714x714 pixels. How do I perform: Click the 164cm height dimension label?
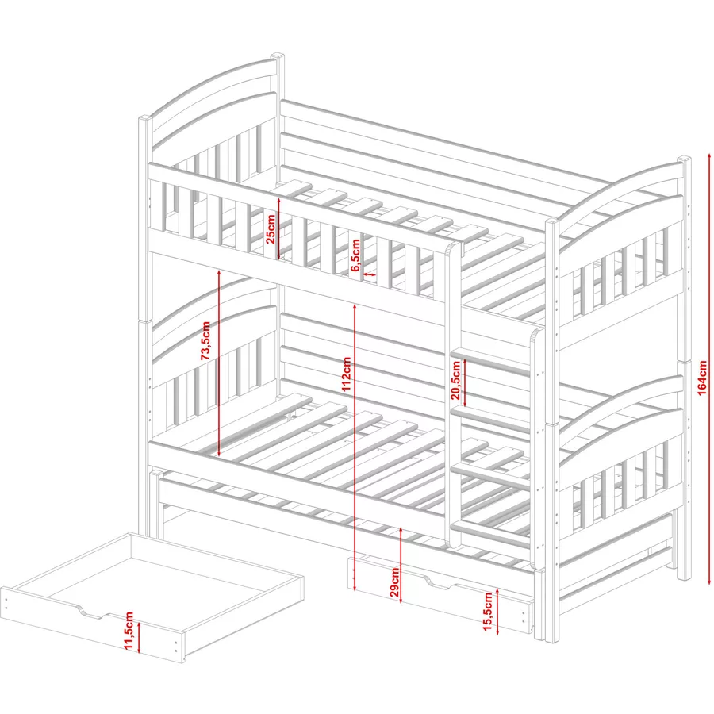pos(702,378)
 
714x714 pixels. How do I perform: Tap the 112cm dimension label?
pos(347,374)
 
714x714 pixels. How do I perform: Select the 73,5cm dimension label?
pos(205,340)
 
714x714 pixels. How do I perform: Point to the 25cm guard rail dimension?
pos(271,229)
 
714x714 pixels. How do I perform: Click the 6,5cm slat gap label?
pos(356,255)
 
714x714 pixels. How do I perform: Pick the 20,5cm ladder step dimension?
pos(456,380)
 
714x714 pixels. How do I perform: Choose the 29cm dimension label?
pos(394,582)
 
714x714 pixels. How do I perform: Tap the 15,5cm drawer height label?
pos(488,612)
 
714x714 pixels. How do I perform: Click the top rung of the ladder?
pos(490,358)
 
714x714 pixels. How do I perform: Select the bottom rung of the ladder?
pos(490,534)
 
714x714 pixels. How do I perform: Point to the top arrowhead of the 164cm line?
pos(709,156)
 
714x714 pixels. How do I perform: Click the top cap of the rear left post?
pos(278,56)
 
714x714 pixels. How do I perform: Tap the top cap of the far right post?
pos(684,159)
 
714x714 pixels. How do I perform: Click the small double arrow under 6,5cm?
pos(369,274)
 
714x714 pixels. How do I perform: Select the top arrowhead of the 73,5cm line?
pos(219,272)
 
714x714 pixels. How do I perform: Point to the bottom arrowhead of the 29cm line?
pos(401,601)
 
